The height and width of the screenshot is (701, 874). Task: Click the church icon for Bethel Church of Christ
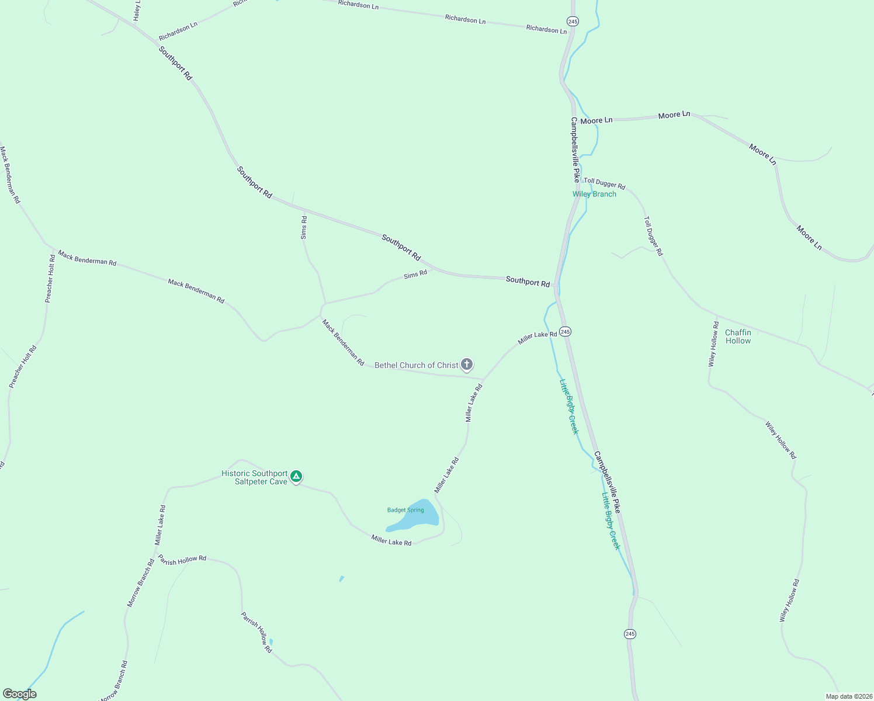[x=467, y=365]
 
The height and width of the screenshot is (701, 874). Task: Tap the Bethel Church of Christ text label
[x=417, y=366]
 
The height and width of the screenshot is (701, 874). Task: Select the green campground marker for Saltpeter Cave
[x=296, y=477]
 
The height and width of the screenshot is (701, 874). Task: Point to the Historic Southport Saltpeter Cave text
[x=255, y=478]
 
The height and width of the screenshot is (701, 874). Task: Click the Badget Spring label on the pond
[x=405, y=510]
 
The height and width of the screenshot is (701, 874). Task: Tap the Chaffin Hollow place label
[x=738, y=336]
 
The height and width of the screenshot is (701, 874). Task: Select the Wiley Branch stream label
[x=594, y=194]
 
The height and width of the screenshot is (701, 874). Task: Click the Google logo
[x=20, y=694]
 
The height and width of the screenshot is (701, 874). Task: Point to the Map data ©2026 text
[x=848, y=696]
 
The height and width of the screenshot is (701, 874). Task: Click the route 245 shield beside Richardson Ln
[x=573, y=21]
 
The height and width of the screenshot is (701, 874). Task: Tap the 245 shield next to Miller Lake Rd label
[x=565, y=331]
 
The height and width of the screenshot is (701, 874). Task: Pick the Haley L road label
[x=137, y=11]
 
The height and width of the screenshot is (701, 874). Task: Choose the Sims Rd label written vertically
[x=304, y=227]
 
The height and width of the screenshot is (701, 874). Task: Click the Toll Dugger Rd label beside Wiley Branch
[x=605, y=184]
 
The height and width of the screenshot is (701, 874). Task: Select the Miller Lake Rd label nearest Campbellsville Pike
[x=537, y=338]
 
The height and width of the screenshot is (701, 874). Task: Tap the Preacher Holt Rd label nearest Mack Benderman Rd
[x=50, y=278]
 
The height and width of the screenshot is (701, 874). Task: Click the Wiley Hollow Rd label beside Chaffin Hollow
[x=713, y=344]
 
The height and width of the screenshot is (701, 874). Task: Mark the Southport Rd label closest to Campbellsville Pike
[x=528, y=282]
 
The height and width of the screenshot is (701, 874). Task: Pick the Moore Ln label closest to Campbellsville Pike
[x=596, y=120]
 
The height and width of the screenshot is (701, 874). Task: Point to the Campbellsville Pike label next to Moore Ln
[x=575, y=150]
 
